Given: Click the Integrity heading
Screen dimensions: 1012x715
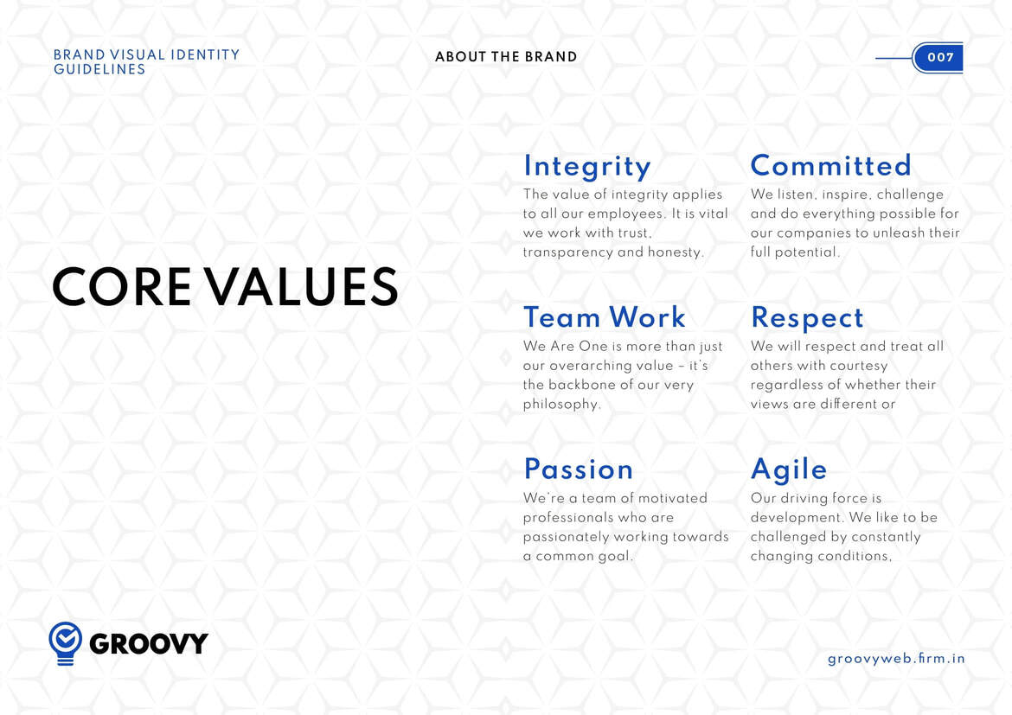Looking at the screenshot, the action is click(x=587, y=167).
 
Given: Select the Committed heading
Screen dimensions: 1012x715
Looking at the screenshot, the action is click(x=830, y=165).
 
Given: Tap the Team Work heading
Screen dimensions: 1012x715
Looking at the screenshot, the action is click(x=605, y=316).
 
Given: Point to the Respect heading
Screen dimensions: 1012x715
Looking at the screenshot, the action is click(x=807, y=318).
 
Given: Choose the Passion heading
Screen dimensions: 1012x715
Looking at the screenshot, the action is click(x=579, y=469).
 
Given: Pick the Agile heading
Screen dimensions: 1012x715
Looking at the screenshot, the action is click(x=789, y=469).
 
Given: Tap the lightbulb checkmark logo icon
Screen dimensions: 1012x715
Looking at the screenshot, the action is click(x=65, y=643).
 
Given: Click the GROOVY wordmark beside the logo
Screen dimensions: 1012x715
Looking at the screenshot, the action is click(x=149, y=643).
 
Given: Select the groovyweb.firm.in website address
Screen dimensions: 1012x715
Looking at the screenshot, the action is click(x=896, y=659).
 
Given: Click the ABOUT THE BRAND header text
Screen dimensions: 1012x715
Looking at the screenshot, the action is click(x=506, y=57).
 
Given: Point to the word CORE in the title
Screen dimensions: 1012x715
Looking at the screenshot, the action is click(x=121, y=287).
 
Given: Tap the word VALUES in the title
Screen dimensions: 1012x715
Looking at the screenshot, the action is click(x=302, y=287).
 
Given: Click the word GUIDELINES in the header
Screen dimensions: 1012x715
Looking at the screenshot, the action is click(x=99, y=70).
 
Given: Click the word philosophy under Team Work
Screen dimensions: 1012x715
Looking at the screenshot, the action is click(x=560, y=405).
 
